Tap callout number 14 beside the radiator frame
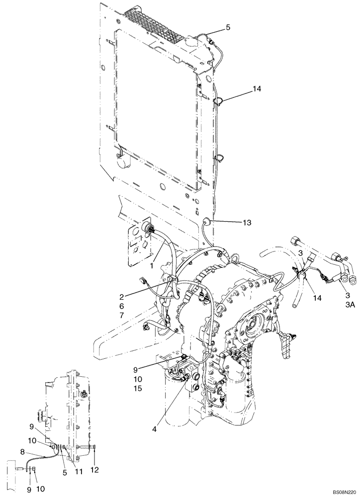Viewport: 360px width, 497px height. (243, 89)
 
